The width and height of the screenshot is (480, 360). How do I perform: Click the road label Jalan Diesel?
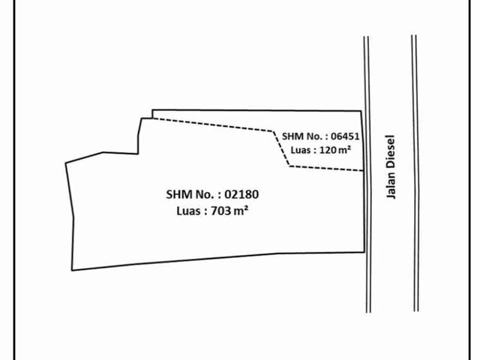coord(391,166)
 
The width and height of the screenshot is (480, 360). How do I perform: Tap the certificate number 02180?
coord(241,194)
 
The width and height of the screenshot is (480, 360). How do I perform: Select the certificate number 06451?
coord(345,136)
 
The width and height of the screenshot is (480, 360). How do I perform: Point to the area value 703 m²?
coord(229,211)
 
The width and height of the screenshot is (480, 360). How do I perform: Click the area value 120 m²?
coord(335,150)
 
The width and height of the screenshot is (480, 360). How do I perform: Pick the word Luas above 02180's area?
coord(188,211)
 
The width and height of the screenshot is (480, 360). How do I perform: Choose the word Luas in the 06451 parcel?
coord(300,150)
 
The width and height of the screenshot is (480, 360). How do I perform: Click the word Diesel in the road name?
coord(391,150)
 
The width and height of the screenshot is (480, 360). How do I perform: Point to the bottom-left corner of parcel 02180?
coord(72,270)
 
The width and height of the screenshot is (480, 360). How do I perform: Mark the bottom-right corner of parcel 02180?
coord(364,252)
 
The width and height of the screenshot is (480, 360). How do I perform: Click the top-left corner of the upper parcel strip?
coord(152,110)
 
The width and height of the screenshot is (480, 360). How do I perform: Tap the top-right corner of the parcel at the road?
coord(361,111)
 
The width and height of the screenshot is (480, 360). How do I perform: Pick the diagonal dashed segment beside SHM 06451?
coord(281,148)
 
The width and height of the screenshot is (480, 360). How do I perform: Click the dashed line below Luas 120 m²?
coord(326,168)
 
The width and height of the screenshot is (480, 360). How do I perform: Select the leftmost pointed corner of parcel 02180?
coord(66,163)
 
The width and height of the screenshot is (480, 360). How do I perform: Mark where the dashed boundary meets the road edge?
coord(364,170)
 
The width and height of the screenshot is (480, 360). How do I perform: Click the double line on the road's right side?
coord(415,173)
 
